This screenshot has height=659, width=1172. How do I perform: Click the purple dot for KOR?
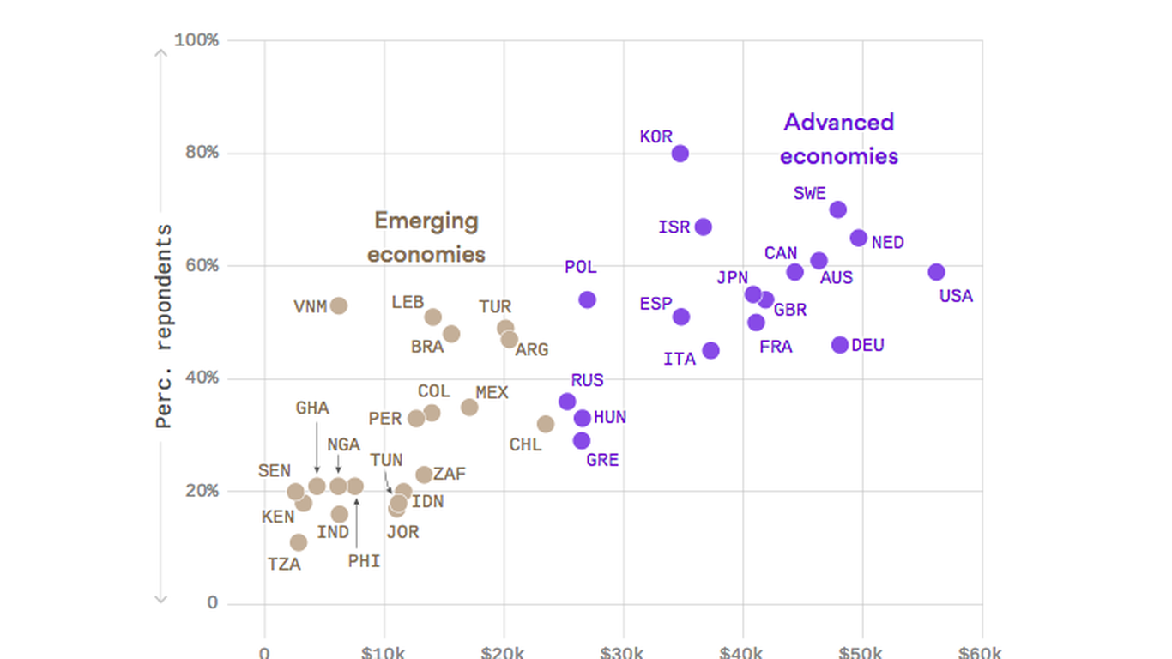(680, 154)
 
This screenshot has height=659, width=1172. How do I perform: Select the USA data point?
(936, 272)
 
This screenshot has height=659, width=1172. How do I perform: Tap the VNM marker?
(339, 305)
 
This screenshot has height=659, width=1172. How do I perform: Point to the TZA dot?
(299, 542)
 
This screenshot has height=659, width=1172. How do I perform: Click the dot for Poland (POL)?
(587, 299)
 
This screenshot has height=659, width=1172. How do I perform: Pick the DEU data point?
(840, 345)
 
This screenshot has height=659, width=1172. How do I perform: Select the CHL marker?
(546, 424)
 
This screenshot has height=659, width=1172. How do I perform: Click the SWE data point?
(838, 209)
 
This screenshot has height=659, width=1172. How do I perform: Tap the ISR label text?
(674, 227)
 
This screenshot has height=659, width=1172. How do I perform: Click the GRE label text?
(602, 460)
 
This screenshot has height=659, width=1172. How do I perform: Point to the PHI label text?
(364, 561)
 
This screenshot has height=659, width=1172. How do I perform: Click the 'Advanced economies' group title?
(839, 139)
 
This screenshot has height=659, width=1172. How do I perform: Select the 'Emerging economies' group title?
(426, 238)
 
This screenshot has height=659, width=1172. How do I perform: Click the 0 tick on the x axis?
(264, 651)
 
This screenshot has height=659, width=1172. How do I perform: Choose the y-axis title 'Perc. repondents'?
(164, 326)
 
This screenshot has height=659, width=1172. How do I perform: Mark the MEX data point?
(469, 407)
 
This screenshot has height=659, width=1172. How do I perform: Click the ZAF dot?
(424, 475)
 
